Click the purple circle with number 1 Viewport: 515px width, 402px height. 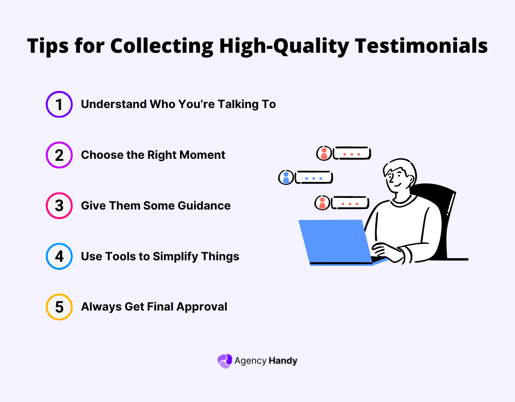click(x=59, y=105)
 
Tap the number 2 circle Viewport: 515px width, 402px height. click(x=59, y=155)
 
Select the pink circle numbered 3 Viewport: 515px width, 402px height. click(x=59, y=206)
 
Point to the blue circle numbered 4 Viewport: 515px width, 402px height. click(x=59, y=256)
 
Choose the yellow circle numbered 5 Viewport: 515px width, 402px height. click(x=59, y=307)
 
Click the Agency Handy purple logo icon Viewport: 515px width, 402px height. click(x=224, y=361)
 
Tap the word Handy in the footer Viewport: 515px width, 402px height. click(x=283, y=361)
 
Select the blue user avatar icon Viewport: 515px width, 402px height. click(x=286, y=177)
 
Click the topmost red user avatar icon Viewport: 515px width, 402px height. click(x=324, y=153)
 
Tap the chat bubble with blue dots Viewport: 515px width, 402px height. click(x=314, y=177)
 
